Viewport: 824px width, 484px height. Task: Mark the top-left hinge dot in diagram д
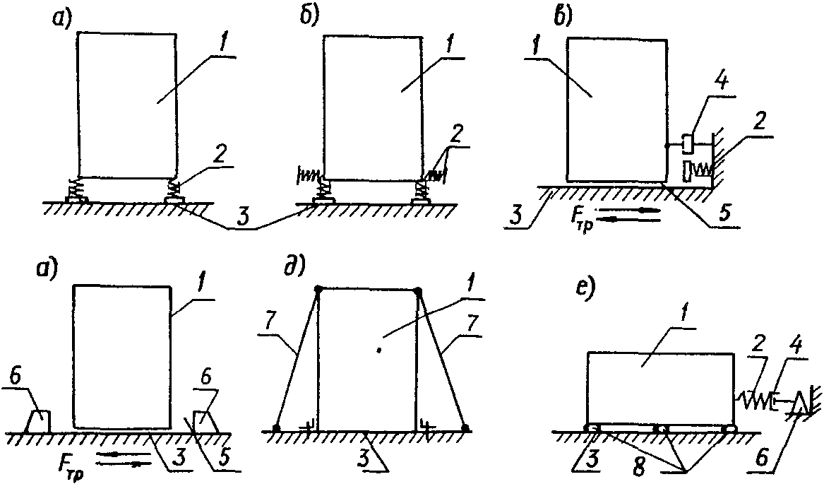[x=318, y=289]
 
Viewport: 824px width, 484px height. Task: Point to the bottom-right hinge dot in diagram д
[x=465, y=428]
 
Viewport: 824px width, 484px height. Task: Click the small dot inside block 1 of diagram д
[x=380, y=348]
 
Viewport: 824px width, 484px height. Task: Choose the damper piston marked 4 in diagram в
[x=686, y=143]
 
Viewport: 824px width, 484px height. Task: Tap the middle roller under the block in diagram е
[x=661, y=429]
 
